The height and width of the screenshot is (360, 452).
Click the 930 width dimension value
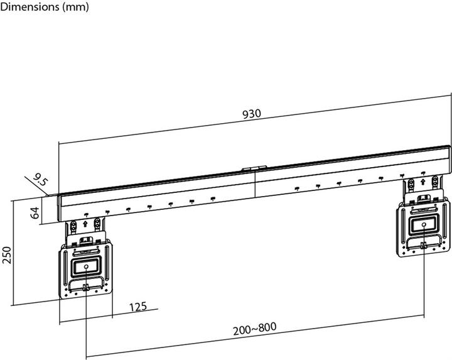(251, 115)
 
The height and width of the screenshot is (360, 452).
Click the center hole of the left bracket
(85, 266)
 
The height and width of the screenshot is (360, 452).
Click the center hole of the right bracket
(423, 223)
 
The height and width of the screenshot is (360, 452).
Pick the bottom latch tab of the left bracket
(85, 288)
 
